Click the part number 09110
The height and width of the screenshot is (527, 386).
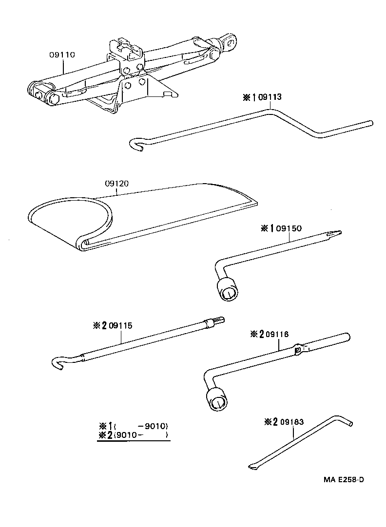tap(62, 55)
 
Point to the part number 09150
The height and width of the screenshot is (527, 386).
tap(289, 228)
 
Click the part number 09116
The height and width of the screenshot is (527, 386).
tap(276, 334)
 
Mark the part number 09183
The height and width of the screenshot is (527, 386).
tap(291, 422)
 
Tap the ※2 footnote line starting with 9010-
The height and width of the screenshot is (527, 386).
tap(133, 435)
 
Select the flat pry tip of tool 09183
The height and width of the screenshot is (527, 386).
tap(252, 467)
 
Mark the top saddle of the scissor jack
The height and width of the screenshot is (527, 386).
tap(125, 47)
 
